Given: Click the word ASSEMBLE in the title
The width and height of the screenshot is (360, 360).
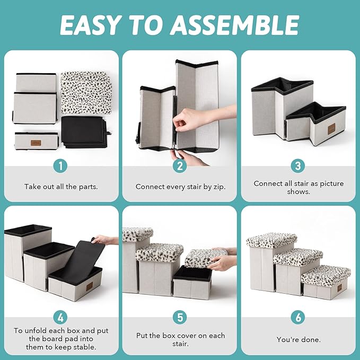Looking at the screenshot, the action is pyautogui.click(x=234, y=25).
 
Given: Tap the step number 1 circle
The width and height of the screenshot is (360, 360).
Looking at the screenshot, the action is pyautogui.click(x=60, y=166).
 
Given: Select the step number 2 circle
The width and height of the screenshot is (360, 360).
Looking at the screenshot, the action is pyautogui.click(x=180, y=166).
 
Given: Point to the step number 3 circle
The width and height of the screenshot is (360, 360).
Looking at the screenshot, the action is pyautogui.click(x=298, y=166).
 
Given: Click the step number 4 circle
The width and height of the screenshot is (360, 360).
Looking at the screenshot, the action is pyautogui.click(x=60, y=318).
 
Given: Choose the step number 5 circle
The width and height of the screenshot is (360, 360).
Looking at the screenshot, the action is pyautogui.click(x=180, y=318).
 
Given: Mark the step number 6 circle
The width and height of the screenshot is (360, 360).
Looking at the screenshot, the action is pyautogui.click(x=298, y=318).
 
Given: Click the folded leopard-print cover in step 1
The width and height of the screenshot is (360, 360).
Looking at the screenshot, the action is pyautogui.click(x=86, y=93).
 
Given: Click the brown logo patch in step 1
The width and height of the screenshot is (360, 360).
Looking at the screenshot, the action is pyautogui.click(x=36, y=143).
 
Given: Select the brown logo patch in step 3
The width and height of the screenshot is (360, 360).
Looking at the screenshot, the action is pyautogui.click(x=331, y=129).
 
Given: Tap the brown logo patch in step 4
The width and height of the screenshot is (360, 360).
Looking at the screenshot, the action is pyautogui.click(x=89, y=286).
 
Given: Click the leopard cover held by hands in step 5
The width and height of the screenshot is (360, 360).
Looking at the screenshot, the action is pyautogui.click(x=206, y=258).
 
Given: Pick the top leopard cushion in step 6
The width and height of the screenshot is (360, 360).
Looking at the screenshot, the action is pyautogui.click(x=271, y=240).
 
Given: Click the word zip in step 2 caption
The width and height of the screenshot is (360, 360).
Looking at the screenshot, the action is pyautogui.click(x=219, y=187).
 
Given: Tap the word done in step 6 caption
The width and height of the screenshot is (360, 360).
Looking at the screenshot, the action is pyautogui.click(x=310, y=339).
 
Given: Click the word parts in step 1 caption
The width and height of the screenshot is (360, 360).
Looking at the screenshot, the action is pyautogui.click(x=88, y=187).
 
